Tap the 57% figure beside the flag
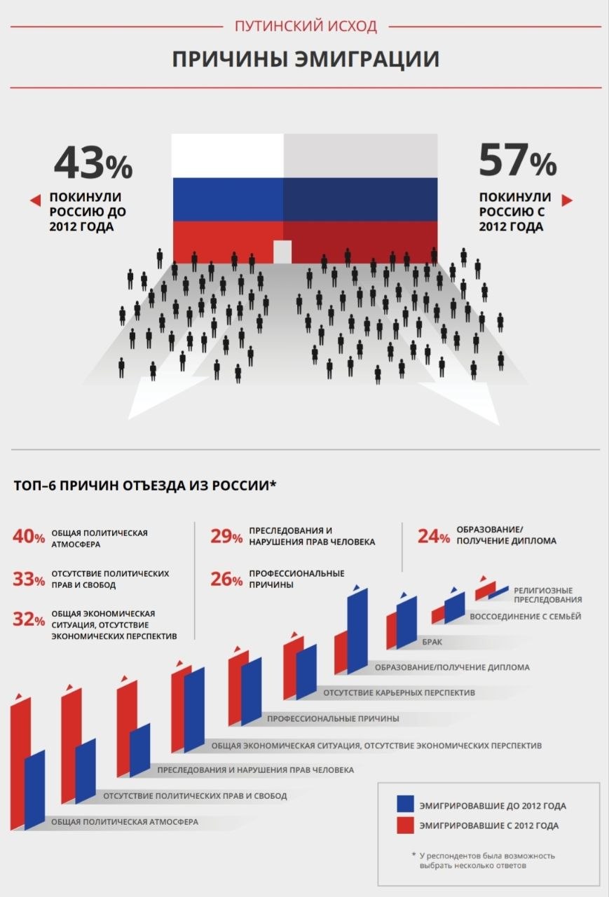517,160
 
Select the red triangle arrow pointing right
567,200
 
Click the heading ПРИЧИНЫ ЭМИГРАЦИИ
306,59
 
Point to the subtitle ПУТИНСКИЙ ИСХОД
306,27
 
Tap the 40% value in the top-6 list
29,537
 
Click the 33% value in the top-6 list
29,579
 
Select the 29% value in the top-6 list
226,537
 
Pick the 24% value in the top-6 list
434,537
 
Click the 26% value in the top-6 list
226,579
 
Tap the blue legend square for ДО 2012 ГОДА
405,804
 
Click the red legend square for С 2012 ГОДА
405,825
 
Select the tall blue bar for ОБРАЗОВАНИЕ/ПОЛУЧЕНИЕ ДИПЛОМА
357,631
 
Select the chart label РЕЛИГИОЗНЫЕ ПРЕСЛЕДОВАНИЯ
547,595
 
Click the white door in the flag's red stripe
282,251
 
